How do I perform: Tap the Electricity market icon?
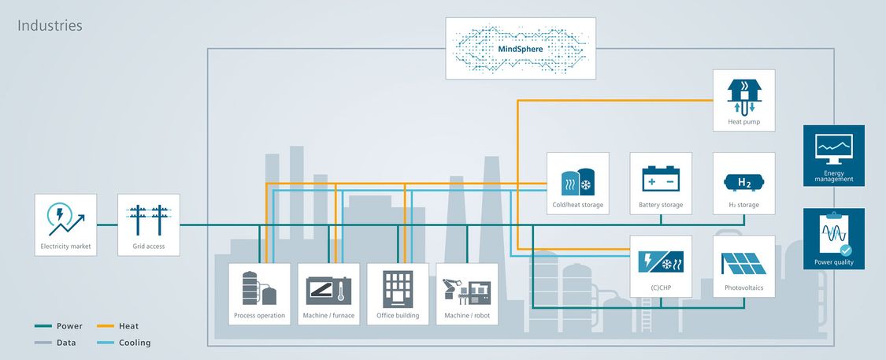pyautogui.click(x=65, y=218)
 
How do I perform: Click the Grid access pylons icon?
pyautogui.click(x=148, y=218)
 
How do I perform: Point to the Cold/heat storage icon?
pyautogui.click(x=577, y=180)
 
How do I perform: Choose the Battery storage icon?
pyautogui.click(x=661, y=177)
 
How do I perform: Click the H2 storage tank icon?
pyautogui.click(x=743, y=180)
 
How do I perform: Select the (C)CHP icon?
pyautogui.click(x=661, y=260)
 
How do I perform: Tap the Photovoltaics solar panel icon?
pyautogui.click(x=743, y=260)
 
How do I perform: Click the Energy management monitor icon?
pyautogui.click(x=833, y=147)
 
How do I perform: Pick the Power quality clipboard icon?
pyautogui.click(x=833, y=235)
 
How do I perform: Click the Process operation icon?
pyautogui.click(x=259, y=288)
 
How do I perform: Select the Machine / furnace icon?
pyautogui.click(x=328, y=288)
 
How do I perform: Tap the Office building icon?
pyautogui.click(x=398, y=288)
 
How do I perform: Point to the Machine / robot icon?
pyautogui.click(x=467, y=288)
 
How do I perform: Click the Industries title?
pyautogui.click(x=50, y=26)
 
